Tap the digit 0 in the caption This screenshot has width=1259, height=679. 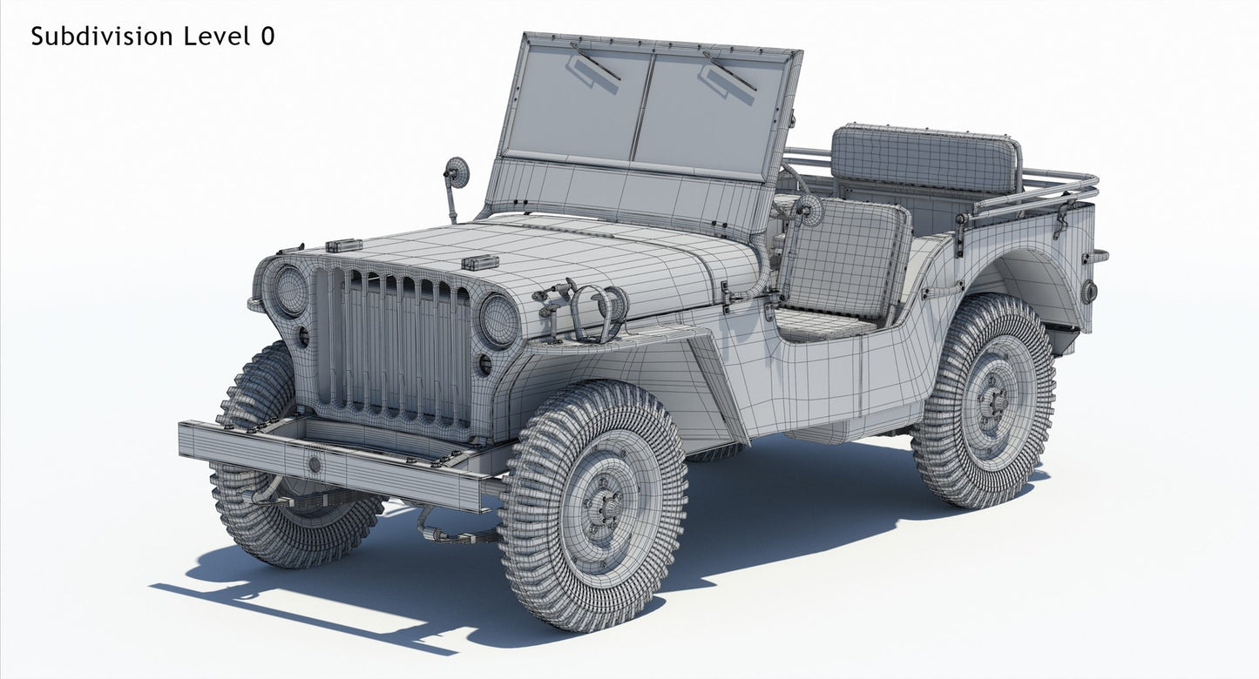(267, 37)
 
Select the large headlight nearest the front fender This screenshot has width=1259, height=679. (498, 320)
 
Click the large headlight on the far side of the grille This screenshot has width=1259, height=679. (289, 291)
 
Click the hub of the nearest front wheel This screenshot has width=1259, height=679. (601, 507)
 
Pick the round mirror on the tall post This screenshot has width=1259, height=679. (457, 172)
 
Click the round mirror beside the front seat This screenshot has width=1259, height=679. (808, 210)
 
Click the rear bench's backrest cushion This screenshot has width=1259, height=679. (925, 161)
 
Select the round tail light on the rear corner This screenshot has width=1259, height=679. (1089, 292)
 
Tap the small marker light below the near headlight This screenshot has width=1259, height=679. (484, 364)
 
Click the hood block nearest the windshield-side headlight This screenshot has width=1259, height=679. (479, 262)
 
